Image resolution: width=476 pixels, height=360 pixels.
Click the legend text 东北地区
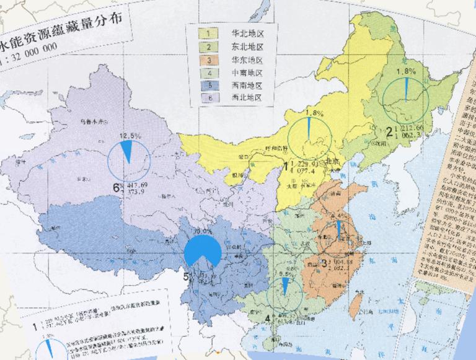247,46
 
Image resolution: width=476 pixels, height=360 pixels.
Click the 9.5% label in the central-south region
284,274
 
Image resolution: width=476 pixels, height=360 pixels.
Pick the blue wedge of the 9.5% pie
284,286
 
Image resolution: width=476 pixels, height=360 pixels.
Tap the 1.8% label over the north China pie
315,113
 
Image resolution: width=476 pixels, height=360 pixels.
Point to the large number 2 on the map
389,131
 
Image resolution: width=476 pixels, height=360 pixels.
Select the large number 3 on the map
325,263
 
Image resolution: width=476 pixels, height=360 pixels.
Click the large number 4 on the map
267,319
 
